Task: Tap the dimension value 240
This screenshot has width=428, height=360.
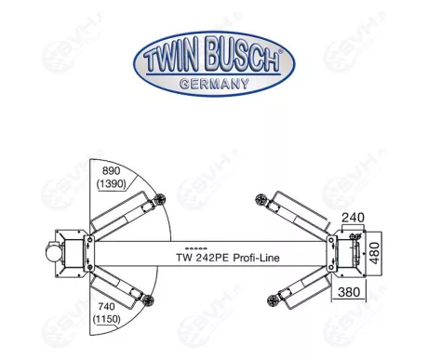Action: coord(352,220)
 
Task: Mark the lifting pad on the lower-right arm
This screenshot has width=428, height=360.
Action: coord(272,297)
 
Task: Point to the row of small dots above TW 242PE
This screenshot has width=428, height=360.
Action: coord(194,248)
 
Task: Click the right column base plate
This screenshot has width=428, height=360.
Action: coord(351,250)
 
